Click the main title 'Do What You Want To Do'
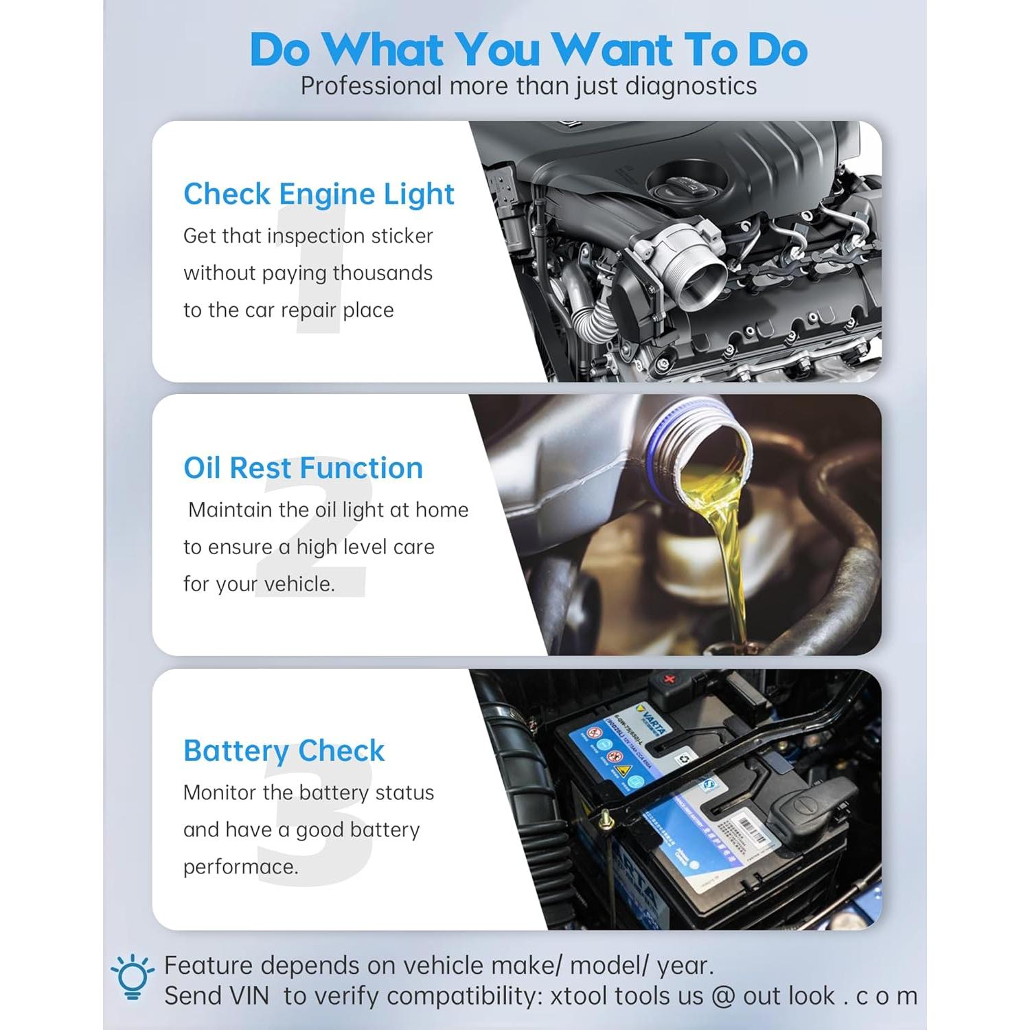(528, 49)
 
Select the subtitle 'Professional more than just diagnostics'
(528, 87)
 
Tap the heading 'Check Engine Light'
(319, 194)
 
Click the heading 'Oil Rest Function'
(303, 468)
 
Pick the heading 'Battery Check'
(284, 751)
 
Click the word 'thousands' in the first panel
(382, 273)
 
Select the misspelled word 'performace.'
(240, 867)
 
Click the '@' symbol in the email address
(723, 996)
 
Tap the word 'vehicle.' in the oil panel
(299, 584)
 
